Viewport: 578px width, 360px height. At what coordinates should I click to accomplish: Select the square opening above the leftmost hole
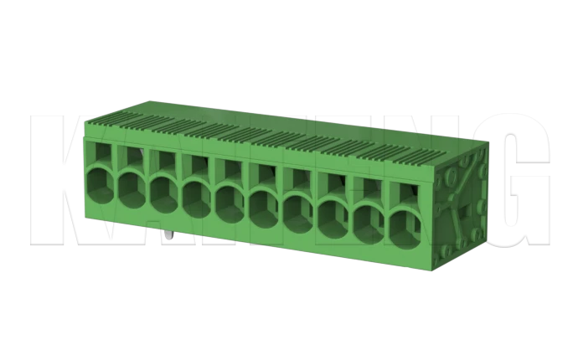[101, 153]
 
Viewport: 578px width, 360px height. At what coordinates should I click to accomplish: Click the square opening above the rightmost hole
[405, 194]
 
